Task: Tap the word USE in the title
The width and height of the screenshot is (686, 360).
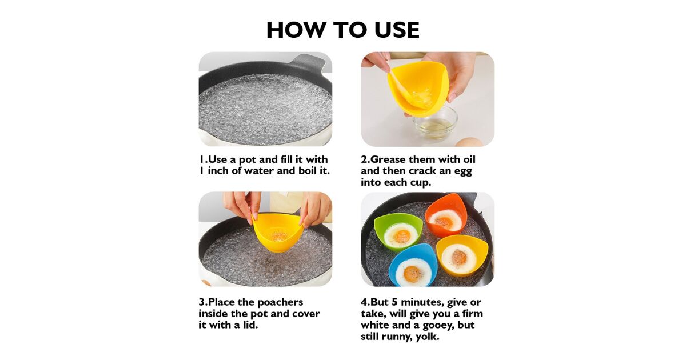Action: pos(397,30)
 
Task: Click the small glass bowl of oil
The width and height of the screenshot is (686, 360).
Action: pos(436,123)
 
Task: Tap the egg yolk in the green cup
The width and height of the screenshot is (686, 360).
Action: pos(402,236)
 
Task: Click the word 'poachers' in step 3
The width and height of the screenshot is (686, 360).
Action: pos(280,302)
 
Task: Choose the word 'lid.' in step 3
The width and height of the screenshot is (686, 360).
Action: pos(250,325)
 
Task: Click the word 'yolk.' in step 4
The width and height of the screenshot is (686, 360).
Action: pos(427,337)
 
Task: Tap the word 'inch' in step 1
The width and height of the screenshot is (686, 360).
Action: pos(218,171)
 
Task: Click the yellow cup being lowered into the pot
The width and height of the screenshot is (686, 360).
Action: pos(278,233)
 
